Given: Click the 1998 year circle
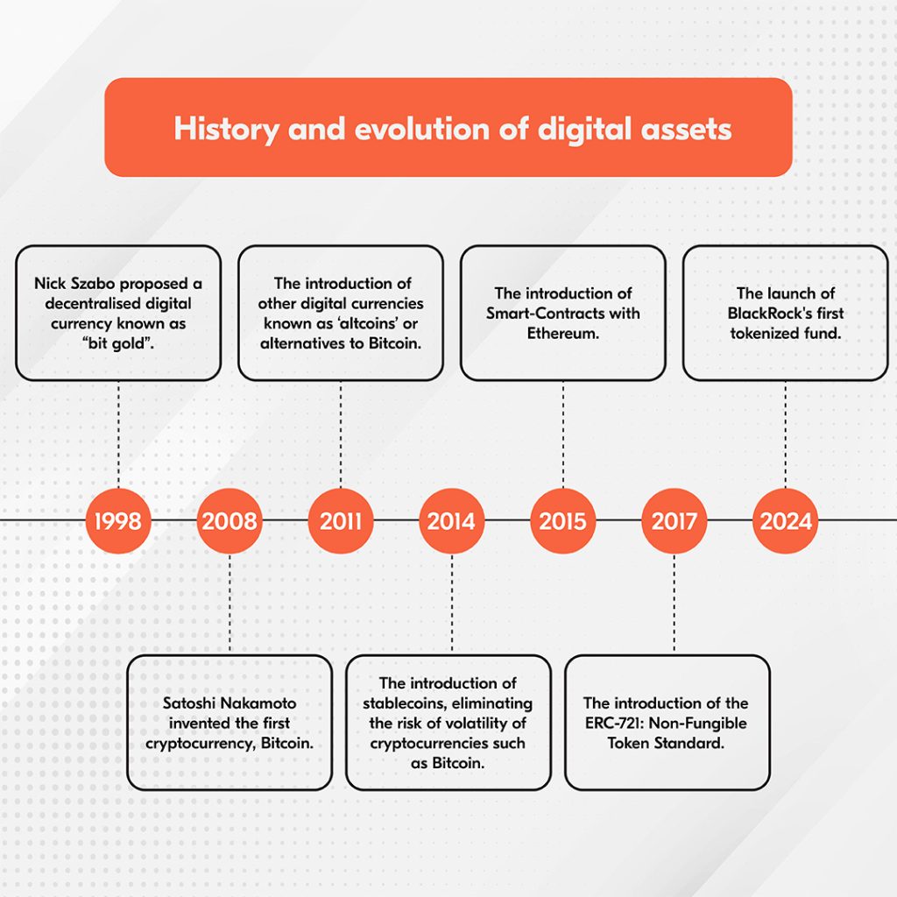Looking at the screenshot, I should click(x=118, y=521).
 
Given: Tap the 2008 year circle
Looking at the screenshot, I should click(x=230, y=521).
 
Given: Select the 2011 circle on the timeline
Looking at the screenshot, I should click(x=341, y=521).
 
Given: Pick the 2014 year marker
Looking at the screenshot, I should click(x=452, y=521).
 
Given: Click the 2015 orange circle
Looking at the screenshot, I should click(x=563, y=521).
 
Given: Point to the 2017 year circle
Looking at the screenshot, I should click(x=675, y=521).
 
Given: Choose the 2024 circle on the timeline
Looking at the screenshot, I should click(x=786, y=521).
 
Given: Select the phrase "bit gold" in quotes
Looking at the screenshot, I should click(x=118, y=343).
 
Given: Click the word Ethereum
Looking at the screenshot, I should click(x=563, y=333).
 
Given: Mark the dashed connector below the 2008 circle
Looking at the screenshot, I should click(x=230, y=604).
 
